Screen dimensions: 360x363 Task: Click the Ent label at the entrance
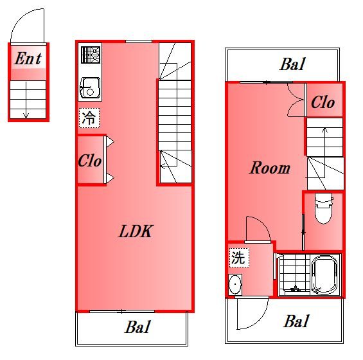point(28,59)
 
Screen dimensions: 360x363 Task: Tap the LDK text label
point(136,231)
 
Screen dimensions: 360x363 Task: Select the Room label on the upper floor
point(269,168)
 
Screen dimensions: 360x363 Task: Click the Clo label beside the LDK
point(90,161)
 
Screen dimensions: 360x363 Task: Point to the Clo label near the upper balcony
point(323,103)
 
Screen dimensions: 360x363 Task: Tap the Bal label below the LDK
point(137,327)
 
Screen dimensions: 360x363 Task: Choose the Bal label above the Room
point(292,64)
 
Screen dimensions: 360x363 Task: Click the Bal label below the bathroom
point(297,321)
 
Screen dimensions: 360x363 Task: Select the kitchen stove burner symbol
point(91,54)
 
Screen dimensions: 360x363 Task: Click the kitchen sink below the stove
point(90,87)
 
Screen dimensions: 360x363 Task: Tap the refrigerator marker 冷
point(90,118)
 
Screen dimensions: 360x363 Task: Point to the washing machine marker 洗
point(237,258)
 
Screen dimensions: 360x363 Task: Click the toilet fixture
point(322,208)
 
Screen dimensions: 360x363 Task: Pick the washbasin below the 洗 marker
point(235,283)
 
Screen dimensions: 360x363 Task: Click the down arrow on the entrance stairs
point(26,106)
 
